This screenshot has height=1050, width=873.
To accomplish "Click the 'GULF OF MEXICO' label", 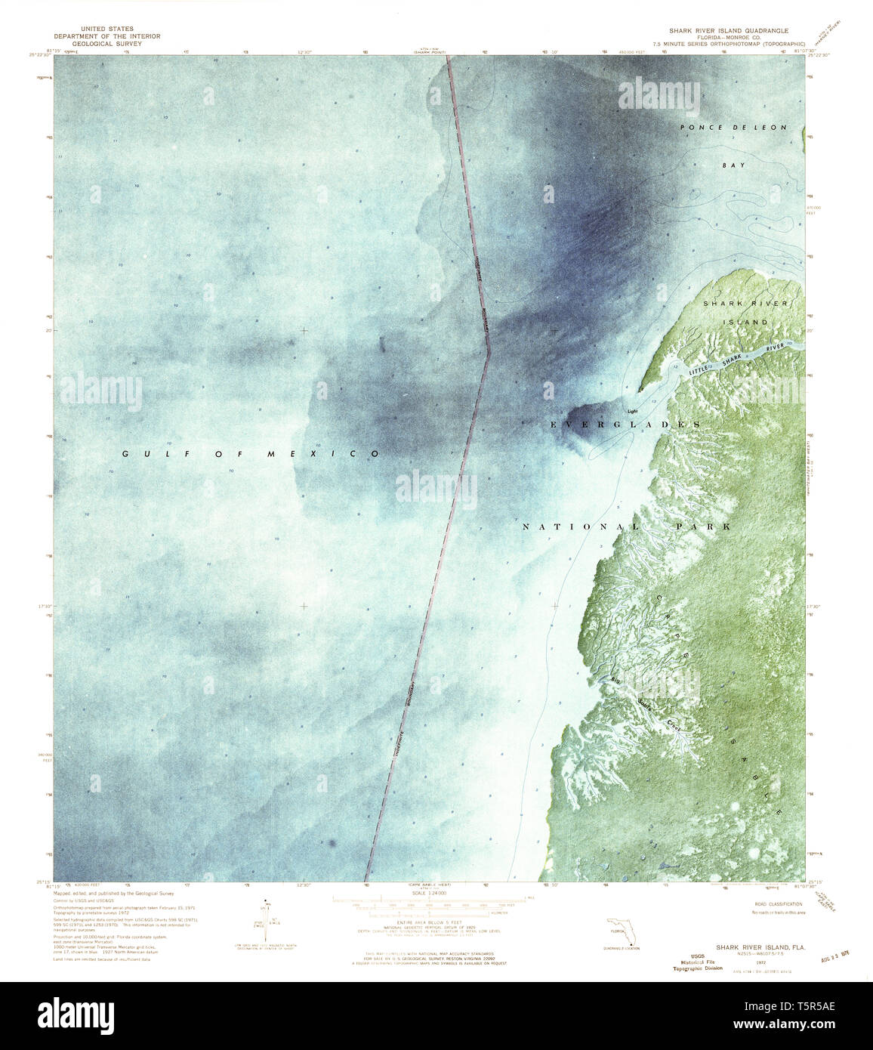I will click(x=252, y=453).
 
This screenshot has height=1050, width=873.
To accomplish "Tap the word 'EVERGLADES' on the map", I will click(x=625, y=425).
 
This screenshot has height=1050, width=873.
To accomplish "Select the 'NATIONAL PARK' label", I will click(x=626, y=526).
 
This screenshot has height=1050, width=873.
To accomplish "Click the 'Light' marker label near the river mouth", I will click(x=633, y=411).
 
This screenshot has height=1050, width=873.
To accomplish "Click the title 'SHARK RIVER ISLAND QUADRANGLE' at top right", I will click(x=723, y=31).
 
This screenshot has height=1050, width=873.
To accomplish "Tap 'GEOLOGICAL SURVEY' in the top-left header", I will click(x=97, y=45).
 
